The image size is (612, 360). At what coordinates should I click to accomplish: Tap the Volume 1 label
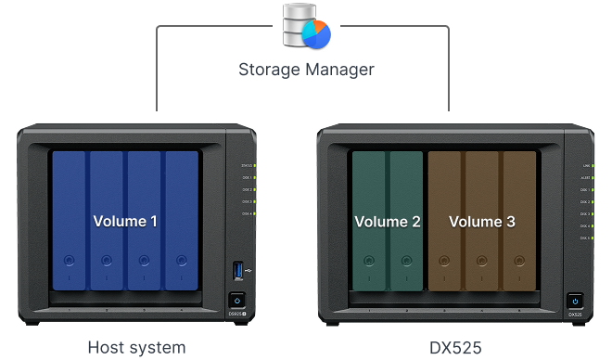point(125,222)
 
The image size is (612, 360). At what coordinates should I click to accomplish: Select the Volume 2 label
point(388,223)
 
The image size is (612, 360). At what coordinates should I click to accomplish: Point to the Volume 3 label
point(482,223)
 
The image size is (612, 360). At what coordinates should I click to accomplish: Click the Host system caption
point(136,348)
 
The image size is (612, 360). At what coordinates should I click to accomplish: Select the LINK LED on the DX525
point(592,165)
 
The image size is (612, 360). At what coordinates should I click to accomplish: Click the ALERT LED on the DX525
point(592,177)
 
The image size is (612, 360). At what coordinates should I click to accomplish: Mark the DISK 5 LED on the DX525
point(592,238)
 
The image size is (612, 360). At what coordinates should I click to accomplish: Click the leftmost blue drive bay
point(70,223)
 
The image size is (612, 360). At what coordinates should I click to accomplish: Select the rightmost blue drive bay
point(181,223)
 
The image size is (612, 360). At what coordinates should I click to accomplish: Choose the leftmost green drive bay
point(369,223)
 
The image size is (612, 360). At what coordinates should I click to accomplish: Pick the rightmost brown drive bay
point(519,223)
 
